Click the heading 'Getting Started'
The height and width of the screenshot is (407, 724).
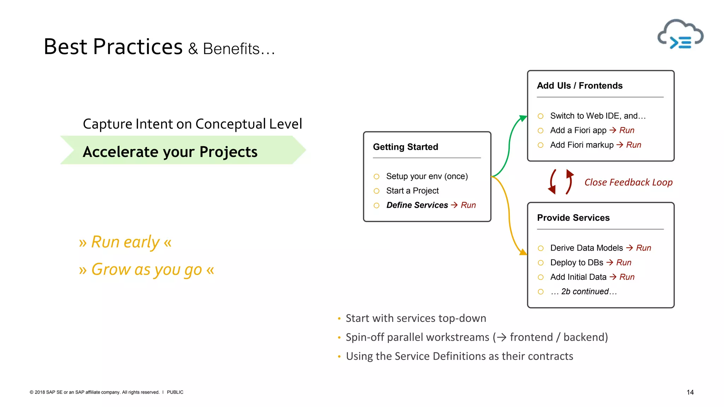[405, 147]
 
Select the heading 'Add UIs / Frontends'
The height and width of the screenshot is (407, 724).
[579, 86]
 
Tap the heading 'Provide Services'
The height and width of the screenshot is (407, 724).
[573, 218]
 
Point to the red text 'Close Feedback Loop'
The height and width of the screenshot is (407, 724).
[628, 182]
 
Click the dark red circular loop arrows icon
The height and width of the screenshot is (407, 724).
[561, 182]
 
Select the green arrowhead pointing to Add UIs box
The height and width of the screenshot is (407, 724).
[523, 118]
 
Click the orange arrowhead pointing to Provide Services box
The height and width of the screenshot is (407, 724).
[523, 252]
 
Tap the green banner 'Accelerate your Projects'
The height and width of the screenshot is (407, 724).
[182, 151]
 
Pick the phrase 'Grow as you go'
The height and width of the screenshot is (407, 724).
[146, 270]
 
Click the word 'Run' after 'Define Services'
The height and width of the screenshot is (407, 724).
[468, 205]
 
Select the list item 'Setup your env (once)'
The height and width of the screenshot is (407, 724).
[427, 176]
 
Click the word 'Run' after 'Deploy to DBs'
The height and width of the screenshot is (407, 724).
[624, 263]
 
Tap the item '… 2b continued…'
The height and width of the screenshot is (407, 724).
[583, 291]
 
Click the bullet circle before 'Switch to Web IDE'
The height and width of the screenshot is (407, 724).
[541, 116]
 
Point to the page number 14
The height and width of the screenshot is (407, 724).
[690, 392]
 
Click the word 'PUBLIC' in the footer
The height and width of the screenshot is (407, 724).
[175, 392]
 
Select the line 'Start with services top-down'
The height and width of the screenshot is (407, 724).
[416, 318]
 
